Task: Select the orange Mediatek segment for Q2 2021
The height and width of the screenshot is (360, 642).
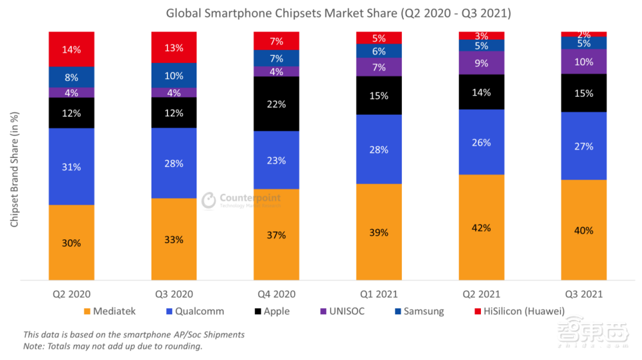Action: pyautogui.click(x=481, y=228)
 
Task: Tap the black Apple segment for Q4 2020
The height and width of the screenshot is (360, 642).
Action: pyautogui.click(x=277, y=104)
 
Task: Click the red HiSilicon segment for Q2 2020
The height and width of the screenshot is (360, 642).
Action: pyautogui.click(x=71, y=49)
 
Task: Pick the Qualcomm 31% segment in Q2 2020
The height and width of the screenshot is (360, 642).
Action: pyautogui.click(x=71, y=167)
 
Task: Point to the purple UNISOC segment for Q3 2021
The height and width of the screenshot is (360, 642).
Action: pyautogui.click(x=584, y=62)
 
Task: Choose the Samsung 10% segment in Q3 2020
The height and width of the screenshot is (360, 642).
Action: pyautogui.click(x=174, y=76)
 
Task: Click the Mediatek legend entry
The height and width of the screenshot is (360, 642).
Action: pyautogui.click(x=108, y=311)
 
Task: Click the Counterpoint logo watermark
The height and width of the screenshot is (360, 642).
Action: pyautogui.click(x=241, y=200)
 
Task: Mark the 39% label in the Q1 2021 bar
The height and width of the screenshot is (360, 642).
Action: pyautogui.click(x=379, y=232)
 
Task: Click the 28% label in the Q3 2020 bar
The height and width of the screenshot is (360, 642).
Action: pyautogui.click(x=174, y=163)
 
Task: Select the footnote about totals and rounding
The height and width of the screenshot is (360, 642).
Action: pyautogui.click(x=112, y=347)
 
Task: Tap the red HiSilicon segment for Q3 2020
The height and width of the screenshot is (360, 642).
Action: pyautogui.click(x=174, y=47)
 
